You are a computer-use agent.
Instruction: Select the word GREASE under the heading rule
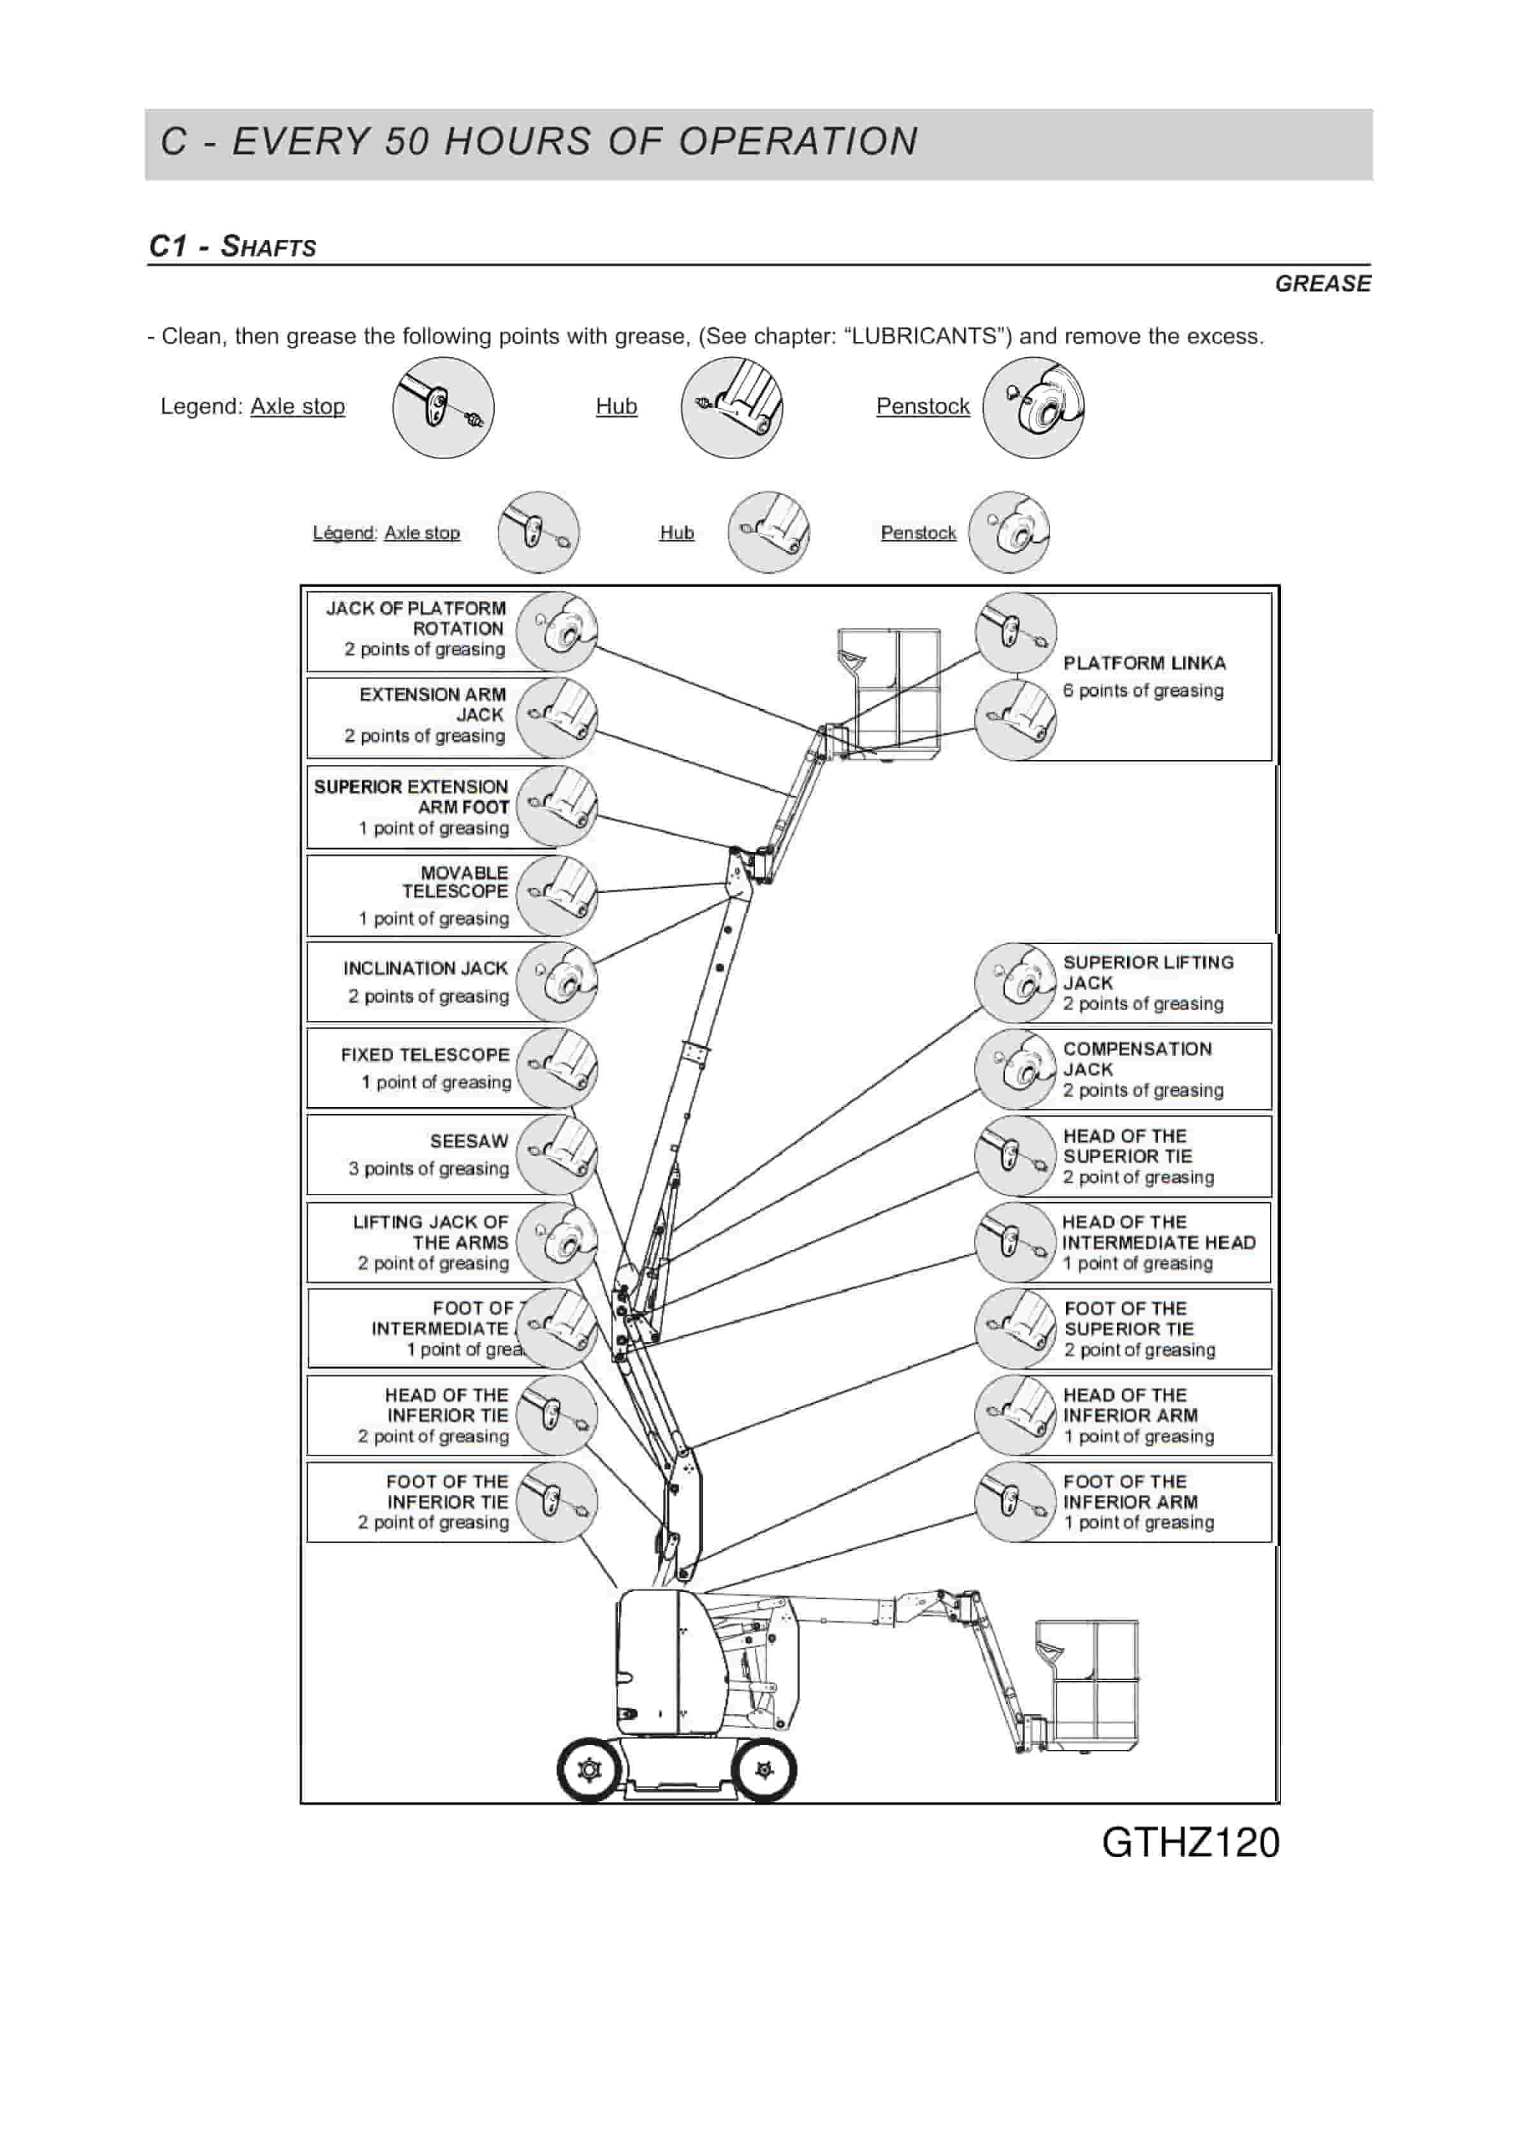[x=1322, y=283]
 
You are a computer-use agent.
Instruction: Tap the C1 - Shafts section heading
[x=233, y=246]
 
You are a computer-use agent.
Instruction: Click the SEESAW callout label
[x=469, y=1140]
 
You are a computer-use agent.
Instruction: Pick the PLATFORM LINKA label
[x=1144, y=663]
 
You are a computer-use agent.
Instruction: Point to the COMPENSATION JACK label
[x=1136, y=1058]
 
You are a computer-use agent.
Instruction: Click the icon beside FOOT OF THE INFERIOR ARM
[x=1015, y=1501]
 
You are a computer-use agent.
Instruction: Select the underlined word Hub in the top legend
[x=617, y=406]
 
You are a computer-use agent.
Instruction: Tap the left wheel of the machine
[x=589, y=1770]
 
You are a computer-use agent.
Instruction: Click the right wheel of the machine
[x=764, y=1770]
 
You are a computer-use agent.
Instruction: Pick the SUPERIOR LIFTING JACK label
[x=1148, y=972]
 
